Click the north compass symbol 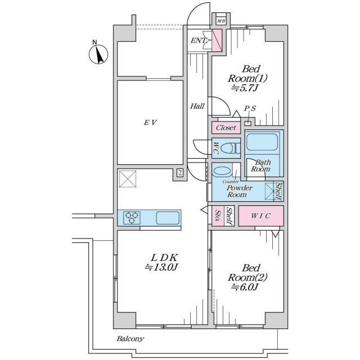tap(98, 54)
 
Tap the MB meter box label tap(221, 21)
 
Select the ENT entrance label tap(199, 40)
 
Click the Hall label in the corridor tap(197, 106)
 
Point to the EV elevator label tap(150, 123)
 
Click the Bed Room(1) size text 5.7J tap(245, 88)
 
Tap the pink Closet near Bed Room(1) tap(226, 128)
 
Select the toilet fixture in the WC tap(230, 148)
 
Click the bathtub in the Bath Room tap(262, 142)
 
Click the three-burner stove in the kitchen tap(132, 218)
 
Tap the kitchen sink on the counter tap(168, 218)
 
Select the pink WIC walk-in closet tap(261, 216)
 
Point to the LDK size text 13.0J tap(161, 267)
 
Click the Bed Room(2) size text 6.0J tap(245, 287)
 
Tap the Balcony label tap(130, 339)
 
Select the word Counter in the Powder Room tap(230, 182)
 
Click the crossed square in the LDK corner tap(128, 179)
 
